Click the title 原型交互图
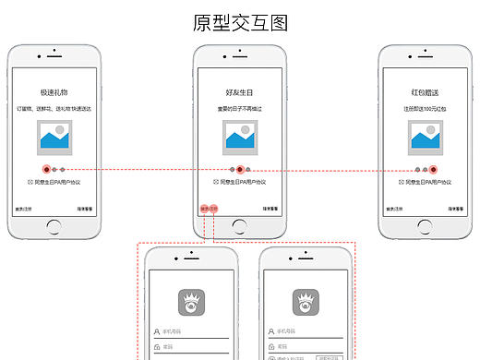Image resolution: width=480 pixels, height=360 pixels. pos(240,23)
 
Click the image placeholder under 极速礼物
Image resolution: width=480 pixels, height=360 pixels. pos(54,138)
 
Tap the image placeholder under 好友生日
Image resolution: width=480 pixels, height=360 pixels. pos(240,138)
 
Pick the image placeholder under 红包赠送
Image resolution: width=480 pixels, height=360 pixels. pos(425,138)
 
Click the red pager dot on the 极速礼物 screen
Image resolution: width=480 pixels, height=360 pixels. pos(46,170)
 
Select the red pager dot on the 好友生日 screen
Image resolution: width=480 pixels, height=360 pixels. pos(240,170)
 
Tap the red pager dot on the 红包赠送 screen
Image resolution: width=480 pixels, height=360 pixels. pos(433,170)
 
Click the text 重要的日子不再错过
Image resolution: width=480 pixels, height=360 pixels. pos(240,109)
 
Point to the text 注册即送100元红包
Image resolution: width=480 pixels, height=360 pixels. pos(425,109)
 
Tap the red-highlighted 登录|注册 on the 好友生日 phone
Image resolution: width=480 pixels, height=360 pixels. pos(209,210)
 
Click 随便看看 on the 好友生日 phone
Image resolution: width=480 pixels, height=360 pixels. pos(270,210)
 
